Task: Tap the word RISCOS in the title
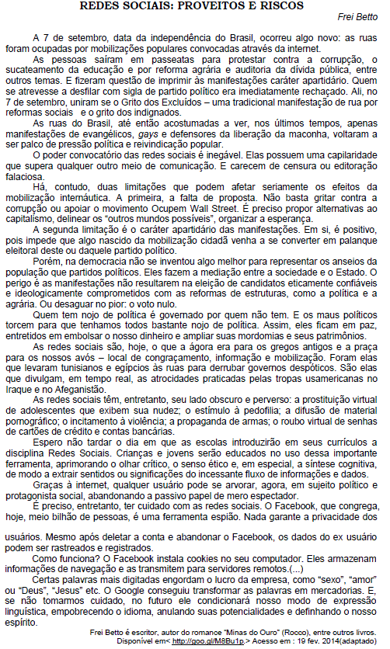[x=284, y=6]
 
